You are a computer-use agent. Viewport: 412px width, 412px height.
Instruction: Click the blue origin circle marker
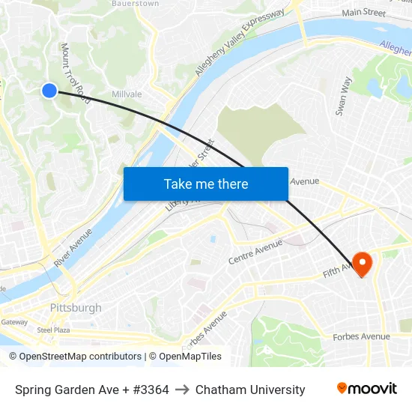49,91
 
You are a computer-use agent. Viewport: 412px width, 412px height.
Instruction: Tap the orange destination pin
362,263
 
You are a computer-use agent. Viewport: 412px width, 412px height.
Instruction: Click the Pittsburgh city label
76,308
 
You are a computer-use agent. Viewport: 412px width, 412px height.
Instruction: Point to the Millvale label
126,94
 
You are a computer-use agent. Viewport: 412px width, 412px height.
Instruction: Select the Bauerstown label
135,4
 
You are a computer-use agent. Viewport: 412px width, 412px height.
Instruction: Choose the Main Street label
363,13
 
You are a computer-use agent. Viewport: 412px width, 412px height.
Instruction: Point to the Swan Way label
344,96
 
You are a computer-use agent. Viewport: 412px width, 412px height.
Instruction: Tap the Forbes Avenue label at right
361,337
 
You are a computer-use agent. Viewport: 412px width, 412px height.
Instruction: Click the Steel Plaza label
53,330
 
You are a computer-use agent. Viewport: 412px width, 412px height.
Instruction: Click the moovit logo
367,389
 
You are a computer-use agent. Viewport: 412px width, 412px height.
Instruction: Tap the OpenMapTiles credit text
190,357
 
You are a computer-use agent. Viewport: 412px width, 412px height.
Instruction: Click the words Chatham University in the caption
250,390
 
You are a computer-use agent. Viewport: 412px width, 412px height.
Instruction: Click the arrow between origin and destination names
182,390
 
